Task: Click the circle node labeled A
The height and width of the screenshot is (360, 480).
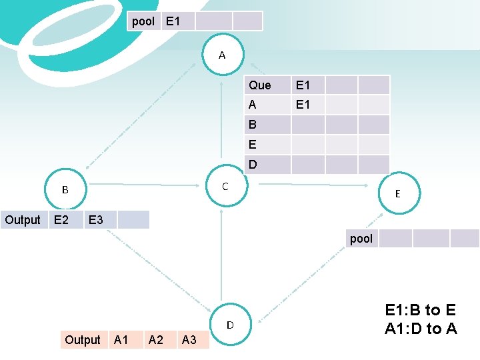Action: coord(222,55)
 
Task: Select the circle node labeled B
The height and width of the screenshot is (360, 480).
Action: coord(65,190)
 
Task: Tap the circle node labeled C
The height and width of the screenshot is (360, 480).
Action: coord(225,187)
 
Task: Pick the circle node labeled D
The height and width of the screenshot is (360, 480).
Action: coord(230,325)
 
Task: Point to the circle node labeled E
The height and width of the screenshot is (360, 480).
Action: coord(397,193)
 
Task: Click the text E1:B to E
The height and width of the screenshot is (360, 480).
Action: coord(421,310)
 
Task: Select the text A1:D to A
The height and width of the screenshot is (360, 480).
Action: coord(421,328)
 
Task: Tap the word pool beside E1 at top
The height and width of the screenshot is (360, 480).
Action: coord(143,21)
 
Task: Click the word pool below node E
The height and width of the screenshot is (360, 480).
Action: coord(361,239)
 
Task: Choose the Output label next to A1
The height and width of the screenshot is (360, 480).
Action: coord(83,340)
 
